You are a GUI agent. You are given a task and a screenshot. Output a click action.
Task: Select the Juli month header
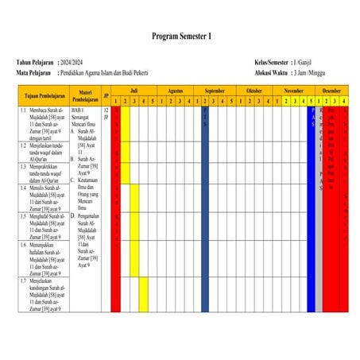point(134,91)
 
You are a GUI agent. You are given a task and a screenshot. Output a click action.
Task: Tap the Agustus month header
point(176,91)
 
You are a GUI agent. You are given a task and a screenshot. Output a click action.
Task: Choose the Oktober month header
point(255,91)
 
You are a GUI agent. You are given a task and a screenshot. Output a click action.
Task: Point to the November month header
point(293,91)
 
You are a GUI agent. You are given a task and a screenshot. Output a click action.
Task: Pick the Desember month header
point(332,91)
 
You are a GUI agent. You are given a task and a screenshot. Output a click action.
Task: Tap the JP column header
point(106,96)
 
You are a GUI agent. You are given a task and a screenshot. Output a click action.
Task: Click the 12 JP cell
point(106,114)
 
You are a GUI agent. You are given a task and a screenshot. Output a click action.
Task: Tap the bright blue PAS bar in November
point(312,159)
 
